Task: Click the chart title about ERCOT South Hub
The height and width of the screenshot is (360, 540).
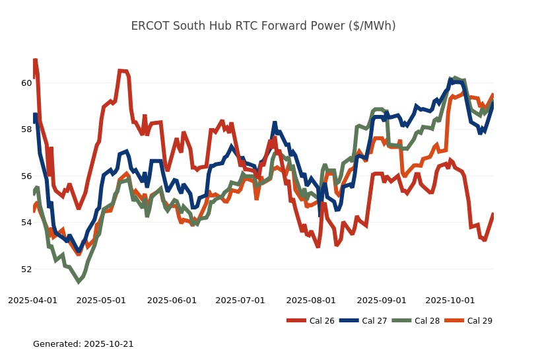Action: click(x=263, y=26)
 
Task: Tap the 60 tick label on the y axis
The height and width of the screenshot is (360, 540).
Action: click(x=26, y=83)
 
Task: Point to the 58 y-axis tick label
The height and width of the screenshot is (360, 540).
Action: click(x=26, y=129)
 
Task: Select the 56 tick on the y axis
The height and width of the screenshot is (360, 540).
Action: click(x=26, y=176)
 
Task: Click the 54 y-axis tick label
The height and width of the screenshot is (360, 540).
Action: click(x=26, y=223)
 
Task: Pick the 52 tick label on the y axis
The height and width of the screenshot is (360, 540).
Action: click(x=26, y=270)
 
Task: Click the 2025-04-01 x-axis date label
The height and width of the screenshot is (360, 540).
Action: click(x=32, y=300)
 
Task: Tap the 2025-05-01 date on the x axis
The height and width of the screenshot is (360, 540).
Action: click(x=101, y=300)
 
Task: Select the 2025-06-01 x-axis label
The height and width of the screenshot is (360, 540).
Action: click(x=172, y=300)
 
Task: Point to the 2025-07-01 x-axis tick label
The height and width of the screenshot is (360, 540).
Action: click(x=240, y=300)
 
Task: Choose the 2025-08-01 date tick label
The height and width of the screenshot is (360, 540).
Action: click(x=311, y=300)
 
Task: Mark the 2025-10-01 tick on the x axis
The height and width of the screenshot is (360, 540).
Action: click(x=450, y=300)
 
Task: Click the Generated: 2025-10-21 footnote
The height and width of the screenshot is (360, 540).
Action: click(x=83, y=344)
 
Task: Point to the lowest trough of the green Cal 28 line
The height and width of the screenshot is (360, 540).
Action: click(x=79, y=281)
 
